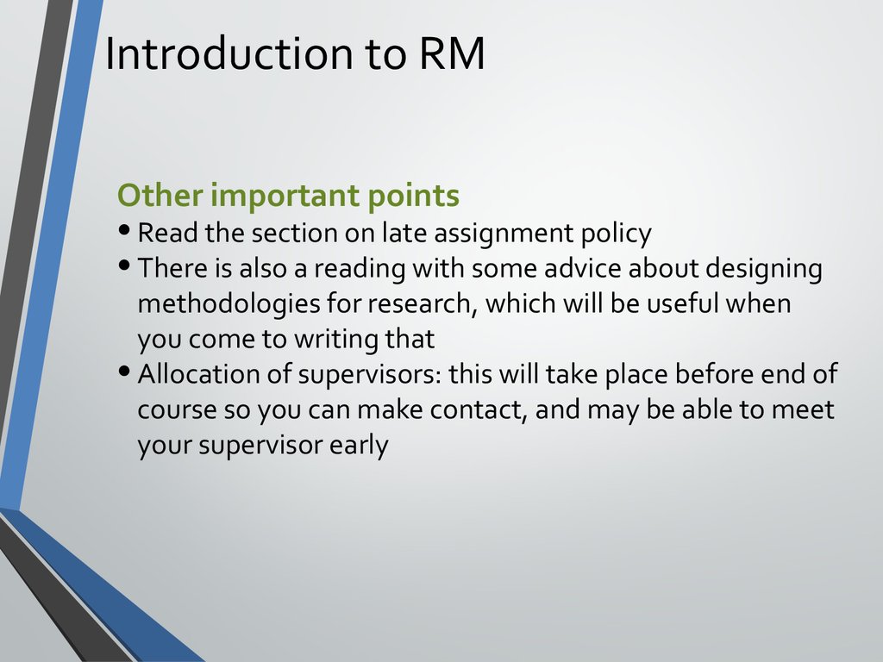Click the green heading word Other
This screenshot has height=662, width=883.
160,195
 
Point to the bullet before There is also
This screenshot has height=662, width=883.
125,265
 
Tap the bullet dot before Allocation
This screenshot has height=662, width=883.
125,371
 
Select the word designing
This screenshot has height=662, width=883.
764,269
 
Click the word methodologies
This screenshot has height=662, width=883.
229,304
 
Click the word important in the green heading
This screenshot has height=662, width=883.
285,197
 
